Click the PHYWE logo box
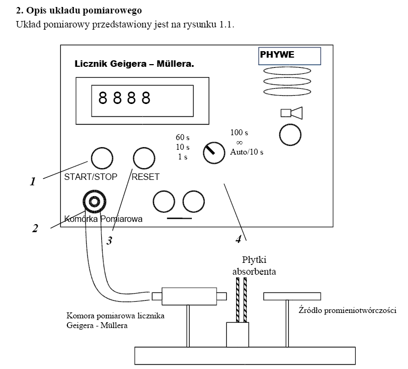click(289, 56)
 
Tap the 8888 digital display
click(150, 98)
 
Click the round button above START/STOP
click(101, 158)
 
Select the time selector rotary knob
click(213, 154)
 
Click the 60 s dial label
click(183, 137)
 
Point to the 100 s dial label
click(239, 133)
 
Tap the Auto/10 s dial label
click(247, 152)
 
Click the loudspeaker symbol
click(292, 113)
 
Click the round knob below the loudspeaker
click(290, 135)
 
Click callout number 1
click(33, 182)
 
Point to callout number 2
click(35, 228)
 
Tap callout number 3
click(109, 241)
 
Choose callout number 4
click(238, 239)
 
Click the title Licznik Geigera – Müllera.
click(134, 64)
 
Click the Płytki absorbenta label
click(254, 266)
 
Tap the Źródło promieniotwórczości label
click(348, 311)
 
